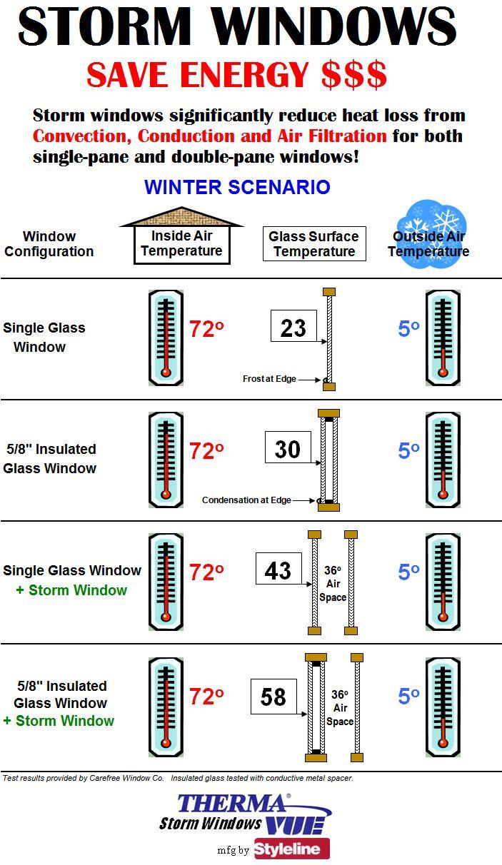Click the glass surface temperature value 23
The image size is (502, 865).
click(x=293, y=328)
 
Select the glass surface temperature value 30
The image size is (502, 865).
click(x=287, y=450)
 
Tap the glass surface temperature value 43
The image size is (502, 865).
click(x=278, y=571)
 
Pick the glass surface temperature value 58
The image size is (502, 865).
click(x=273, y=697)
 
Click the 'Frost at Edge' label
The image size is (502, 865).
click(x=269, y=379)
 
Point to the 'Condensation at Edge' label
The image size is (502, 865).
click(x=246, y=500)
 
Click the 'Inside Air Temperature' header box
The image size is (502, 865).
click(x=181, y=244)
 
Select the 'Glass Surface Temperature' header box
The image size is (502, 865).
click(x=314, y=244)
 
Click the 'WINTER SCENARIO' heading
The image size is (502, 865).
click(x=237, y=187)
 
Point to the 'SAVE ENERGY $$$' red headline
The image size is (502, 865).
click(x=237, y=75)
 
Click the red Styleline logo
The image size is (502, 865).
click(x=292, y=849)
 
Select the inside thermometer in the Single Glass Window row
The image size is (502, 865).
click(x=166, y=338)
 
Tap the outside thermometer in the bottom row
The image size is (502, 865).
click(x=443, y=707)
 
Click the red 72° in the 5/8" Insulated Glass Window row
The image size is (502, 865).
click(x=206, y=451)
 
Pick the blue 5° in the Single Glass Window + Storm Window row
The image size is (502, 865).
click(x=408, y=572)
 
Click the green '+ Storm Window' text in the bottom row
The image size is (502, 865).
click(x=59, y=721)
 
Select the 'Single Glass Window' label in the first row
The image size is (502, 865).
click(x=44, y=338)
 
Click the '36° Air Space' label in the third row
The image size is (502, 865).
click(x=333, y=584)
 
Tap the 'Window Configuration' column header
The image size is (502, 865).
click(x=49, y=244)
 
